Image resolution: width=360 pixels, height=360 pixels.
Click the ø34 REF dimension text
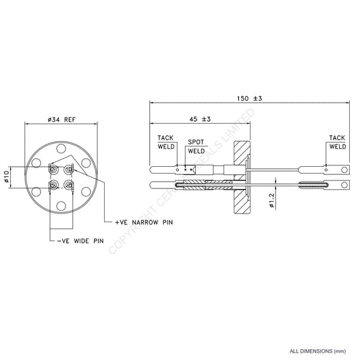click(61, 119)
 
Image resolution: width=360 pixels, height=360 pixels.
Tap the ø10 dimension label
click(7, 177)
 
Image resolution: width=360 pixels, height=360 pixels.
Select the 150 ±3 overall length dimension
click(250, 99)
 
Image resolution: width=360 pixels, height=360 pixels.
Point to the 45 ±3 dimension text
click(198, 119)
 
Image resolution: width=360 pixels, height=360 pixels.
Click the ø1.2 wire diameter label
click(272, 201)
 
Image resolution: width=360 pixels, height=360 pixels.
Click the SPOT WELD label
click(197, 147)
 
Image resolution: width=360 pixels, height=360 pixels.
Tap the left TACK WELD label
click(165, 141)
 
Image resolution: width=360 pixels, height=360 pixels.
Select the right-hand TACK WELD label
click(337, 141)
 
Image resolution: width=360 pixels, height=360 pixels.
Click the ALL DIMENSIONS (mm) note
click(317, 351)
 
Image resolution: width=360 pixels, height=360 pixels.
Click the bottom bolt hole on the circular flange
click(61, 205)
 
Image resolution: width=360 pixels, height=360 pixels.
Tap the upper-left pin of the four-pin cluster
click(53, 170)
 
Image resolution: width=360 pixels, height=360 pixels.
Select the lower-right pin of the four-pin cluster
click(69, 184)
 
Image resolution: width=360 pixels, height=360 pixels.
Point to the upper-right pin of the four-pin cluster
click(69, 170)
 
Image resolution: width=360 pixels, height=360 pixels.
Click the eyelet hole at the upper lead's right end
click(345, 170)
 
